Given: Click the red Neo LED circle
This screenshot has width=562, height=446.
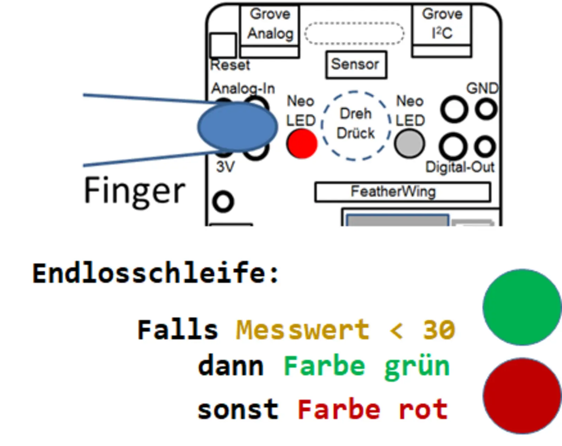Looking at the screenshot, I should coord(302,144).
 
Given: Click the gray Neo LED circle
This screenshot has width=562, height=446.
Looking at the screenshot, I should coord(409,144).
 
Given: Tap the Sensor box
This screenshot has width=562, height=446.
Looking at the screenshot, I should coord(356,65).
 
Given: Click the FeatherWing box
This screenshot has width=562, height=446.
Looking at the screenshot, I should coord(402,192).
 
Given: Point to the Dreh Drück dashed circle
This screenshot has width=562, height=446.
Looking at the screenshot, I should coord(355,126).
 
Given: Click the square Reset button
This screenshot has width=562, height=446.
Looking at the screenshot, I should coord(223,45).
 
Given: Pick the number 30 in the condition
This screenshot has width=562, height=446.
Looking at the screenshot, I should coord(438,330).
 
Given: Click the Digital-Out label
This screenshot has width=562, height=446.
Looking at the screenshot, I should coord(459,167).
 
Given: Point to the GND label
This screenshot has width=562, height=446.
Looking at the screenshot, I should coord(482,88).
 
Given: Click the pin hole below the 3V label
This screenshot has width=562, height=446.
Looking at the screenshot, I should coord(223,202).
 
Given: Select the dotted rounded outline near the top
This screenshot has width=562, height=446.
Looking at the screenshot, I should coord(354,33).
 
